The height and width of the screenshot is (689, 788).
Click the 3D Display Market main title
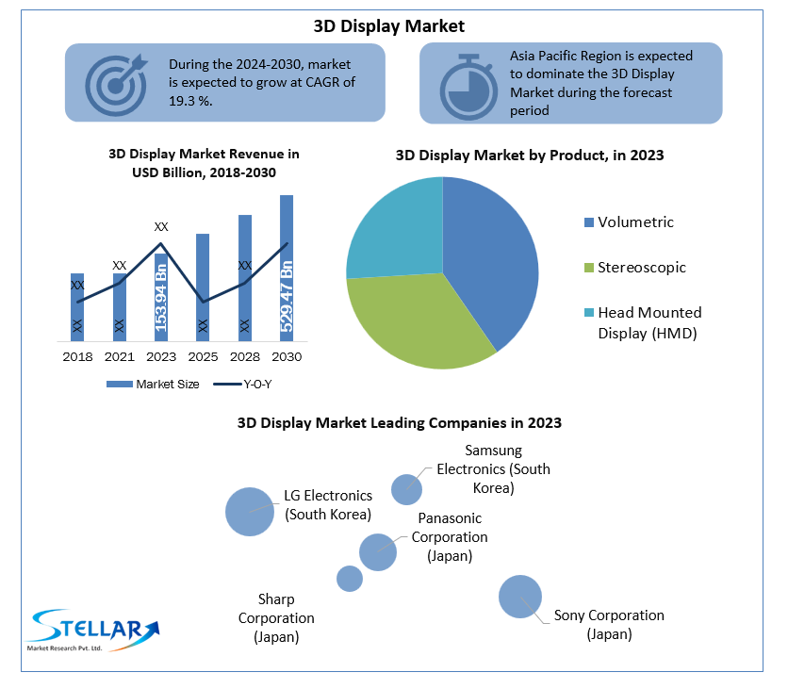coord(388,25)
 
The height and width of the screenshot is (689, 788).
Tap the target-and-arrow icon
coord(116,81)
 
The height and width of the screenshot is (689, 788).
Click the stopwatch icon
coord(468,85)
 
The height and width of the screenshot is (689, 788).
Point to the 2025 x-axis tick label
coord(202,357)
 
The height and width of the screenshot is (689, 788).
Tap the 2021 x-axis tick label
coord(119,357)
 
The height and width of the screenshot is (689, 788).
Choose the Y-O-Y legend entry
coord(243,384)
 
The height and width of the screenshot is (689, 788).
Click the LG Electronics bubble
coord(249,512)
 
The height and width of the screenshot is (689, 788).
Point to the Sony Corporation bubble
coord(519,596)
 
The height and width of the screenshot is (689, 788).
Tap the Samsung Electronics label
coord(493,469)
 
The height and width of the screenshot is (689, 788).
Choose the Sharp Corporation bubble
coord(350,578)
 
